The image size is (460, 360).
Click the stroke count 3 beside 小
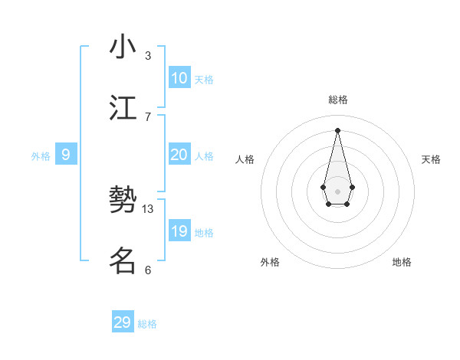[x=148, y=55]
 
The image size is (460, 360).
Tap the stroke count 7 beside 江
[x=148, y=116]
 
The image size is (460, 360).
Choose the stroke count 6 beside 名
[x=148, y=270]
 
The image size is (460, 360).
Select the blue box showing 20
[x=179, y=155]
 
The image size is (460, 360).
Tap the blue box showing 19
[x=179, y=231]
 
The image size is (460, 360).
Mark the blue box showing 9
[x=66, y=155]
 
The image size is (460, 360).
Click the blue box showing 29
[x=122, y=322]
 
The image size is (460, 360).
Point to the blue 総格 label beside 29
[x=147, y=324]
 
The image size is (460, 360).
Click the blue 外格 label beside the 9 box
[x=41, y=156]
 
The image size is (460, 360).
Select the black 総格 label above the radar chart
[x=337, y=100]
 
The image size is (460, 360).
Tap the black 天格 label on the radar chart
[x=431, y=159]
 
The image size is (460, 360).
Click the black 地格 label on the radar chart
[x=402, y=262]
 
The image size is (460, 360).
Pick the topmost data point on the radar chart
[x=337, y=129]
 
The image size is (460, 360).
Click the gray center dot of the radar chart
[x=337, y=190]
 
